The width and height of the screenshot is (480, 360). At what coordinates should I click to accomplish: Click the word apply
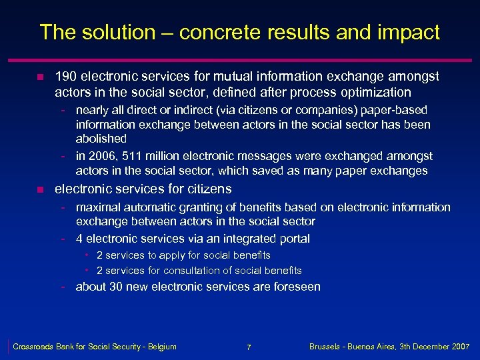tap(168, 255)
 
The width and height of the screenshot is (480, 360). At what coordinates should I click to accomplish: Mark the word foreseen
tap(295, 287)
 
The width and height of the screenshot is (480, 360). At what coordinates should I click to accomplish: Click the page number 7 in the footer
tap(248, 347)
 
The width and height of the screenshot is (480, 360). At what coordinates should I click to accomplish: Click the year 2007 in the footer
tap(459, 347)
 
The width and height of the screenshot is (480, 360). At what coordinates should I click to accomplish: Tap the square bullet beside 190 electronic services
tap(41, 76)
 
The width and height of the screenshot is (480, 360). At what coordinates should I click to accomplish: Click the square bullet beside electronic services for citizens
tap(41, 189)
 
